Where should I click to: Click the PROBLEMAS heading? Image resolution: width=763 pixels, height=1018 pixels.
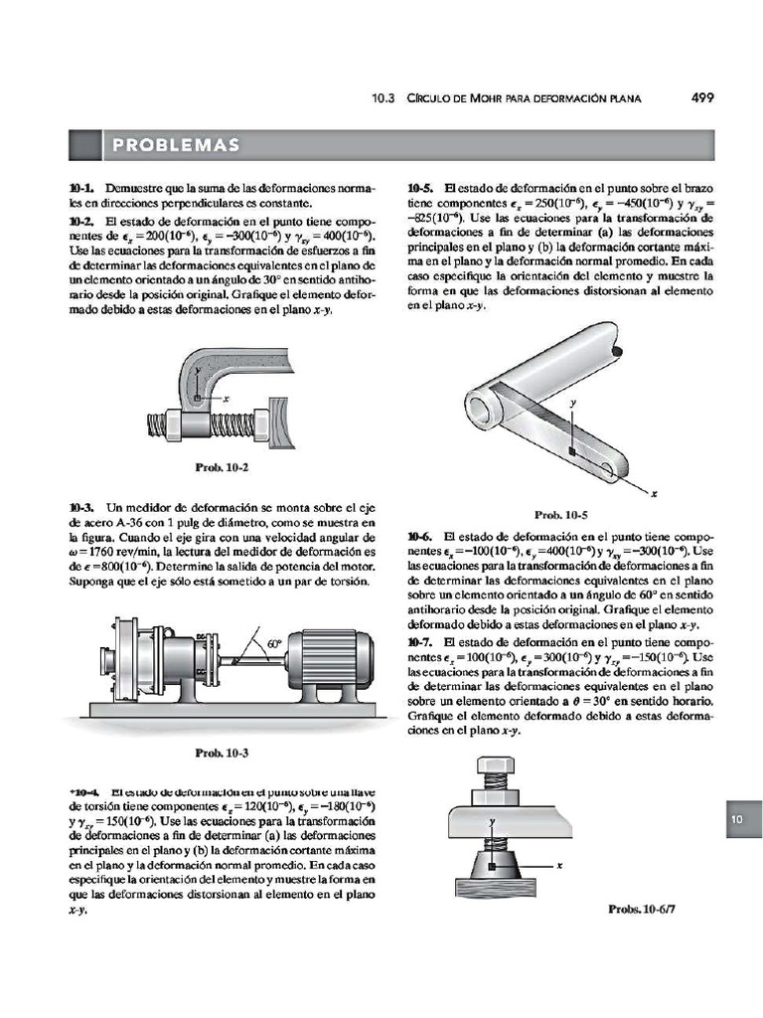click(x=176, y=146)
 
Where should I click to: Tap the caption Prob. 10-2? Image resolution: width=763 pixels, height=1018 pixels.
click(x=222, y=467)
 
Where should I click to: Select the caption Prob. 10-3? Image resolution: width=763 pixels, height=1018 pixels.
click(x=222, y=753)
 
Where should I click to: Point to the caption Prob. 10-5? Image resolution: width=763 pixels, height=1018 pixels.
click(x=561, y=515)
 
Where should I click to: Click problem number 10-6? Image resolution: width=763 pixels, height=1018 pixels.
click(x=421, y=536)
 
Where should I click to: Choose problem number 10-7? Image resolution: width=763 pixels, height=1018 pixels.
click(x=421, y=643)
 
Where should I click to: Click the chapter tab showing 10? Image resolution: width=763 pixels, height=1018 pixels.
click(x=737, y=819)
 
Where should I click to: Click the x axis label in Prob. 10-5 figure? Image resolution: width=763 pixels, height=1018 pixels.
click(x=654, y=492)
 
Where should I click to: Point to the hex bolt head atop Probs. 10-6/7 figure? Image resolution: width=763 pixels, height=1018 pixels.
click(x=492, y=768)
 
